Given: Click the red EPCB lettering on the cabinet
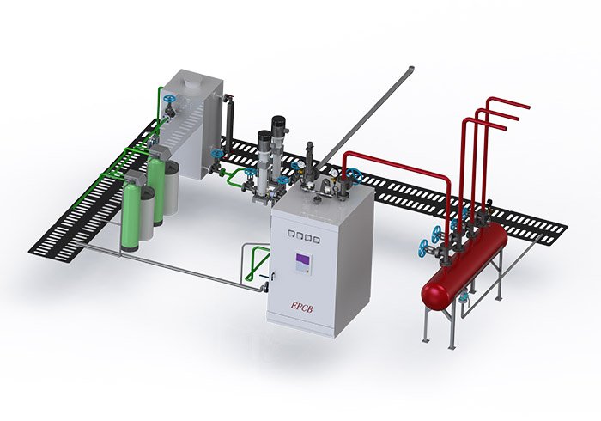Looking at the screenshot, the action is pyautogui.click(x=302, y=307).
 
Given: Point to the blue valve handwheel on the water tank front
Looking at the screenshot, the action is pyautogui.click(x=169, y=99).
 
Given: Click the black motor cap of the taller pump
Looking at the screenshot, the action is pyautogui.click(x=279, y=125).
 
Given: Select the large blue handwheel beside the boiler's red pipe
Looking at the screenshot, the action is pyautogui.click(x=355, y=175).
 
